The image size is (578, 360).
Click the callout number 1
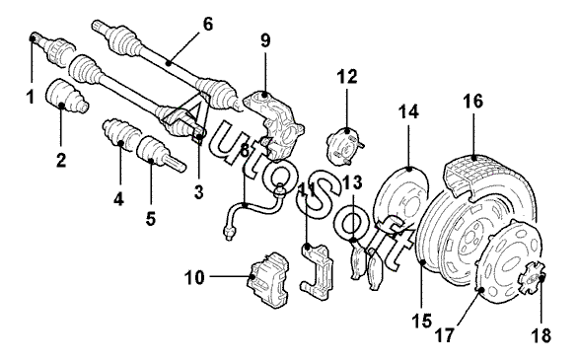[31, 97]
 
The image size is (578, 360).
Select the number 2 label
[61, 160]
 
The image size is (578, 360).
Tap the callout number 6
[208, 25]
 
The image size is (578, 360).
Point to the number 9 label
[265, 40]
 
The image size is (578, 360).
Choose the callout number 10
[194, 277]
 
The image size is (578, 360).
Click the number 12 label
[347, 77]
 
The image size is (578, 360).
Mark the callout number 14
[408, 111]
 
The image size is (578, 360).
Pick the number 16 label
[472, 102]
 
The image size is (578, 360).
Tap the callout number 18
[541, 335]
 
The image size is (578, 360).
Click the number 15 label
[422, 322]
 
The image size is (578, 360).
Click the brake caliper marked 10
[268, 279]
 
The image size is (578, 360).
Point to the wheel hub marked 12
[344, 145]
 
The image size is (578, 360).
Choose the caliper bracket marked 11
[318, 269]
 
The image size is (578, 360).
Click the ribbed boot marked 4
[121, 134]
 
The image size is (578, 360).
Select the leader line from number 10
[230, 276]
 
